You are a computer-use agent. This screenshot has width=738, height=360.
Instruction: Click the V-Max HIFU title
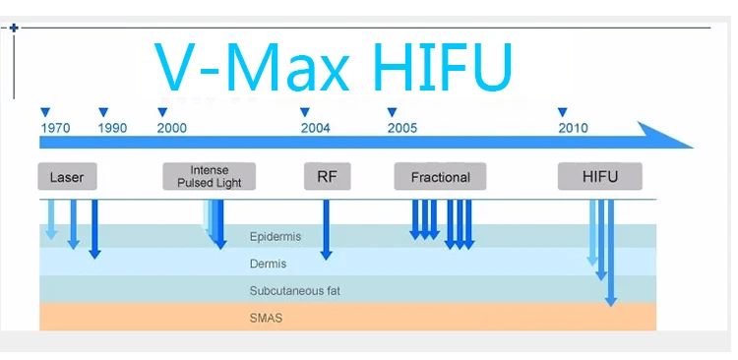pyautogui.click(x=334, y=67)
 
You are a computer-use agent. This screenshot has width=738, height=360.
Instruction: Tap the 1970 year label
pyautogui.click(x=55, y=128)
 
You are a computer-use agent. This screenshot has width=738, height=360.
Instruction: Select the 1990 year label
pyautogui.click(x=112, y=128)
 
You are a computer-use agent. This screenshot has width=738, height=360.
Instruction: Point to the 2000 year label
pyautogui.click(x=172, y=128)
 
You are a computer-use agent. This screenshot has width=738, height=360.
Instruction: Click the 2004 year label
pyautogui.click(x=316, y=128)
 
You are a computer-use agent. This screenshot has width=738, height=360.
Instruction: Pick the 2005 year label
pyautogui.click(x=402, y=128)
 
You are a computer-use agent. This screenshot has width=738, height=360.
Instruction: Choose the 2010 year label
pyautogui.click(x=574, y=128)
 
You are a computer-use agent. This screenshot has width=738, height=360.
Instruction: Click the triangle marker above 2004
pyautogui.click(x=305, y=112)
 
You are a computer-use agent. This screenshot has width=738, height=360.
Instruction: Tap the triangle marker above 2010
pyautogui.click(x=563, y=112)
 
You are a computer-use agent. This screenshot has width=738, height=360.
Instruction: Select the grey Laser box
pyautogui.click(x=67, y=176)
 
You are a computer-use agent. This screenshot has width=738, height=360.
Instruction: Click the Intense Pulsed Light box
pyautogui.click(x=209, y=176)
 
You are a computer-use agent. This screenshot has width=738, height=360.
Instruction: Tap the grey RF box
pyautogui.click(x=327, y=176)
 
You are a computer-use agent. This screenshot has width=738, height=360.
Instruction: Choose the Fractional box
pyautogui.click(x=440, y=176)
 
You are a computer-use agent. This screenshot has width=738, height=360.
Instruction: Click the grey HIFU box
pyautogui.click(x=600, y=176)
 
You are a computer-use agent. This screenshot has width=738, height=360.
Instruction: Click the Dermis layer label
pyautogui.click(x=268, y=264)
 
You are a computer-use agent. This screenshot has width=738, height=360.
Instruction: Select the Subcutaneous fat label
pyautogui.click(x=294, y=291)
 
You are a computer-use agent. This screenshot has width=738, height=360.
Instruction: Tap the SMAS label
pyautogui.click(x=266, y=318)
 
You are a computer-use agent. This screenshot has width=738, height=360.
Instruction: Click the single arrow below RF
pyautogui.click(x=326, y=229)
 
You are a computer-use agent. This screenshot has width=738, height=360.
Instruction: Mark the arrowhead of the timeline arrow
pyautogui.click(x=693, y=148)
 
